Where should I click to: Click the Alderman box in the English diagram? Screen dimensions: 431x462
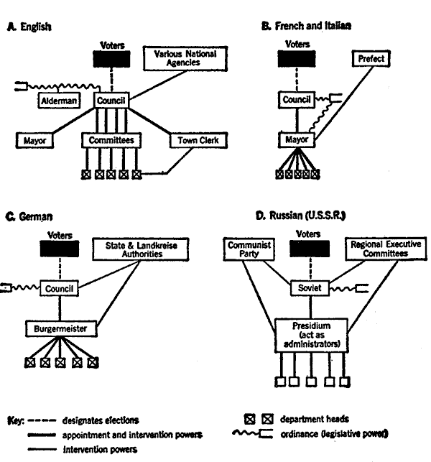tap(59, 101)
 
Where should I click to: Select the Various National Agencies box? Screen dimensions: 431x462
tap(185, 58)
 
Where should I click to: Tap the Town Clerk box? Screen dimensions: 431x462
tap(198, 140)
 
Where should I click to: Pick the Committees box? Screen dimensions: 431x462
tap(111, 140)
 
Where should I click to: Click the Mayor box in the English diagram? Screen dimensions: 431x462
tap(34, 140)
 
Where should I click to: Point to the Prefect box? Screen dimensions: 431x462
tap(371, 59)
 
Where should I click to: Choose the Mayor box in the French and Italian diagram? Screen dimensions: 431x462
tap(297, 139)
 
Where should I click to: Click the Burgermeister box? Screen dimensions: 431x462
tap(61, 328)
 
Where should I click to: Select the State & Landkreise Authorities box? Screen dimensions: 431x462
tap(141, 249)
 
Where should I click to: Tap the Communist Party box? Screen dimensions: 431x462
tap(249, 249)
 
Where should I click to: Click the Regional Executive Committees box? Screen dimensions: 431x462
tap(386, 249)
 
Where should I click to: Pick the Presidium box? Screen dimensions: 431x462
tap(311, 335)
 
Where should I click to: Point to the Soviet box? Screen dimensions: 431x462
tap(310, 288)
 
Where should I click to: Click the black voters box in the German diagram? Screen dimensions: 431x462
tap(60, 249)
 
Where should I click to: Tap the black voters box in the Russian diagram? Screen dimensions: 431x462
tap(310, 249)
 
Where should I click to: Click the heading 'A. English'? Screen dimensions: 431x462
tap(29, 27)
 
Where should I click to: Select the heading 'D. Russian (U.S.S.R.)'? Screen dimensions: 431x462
tap(300, 216)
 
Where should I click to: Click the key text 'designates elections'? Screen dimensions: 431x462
tap(101, 420)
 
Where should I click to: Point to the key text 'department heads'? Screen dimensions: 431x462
tap(315, 419)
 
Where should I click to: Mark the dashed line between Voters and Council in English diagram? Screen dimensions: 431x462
tap(111, 80)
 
